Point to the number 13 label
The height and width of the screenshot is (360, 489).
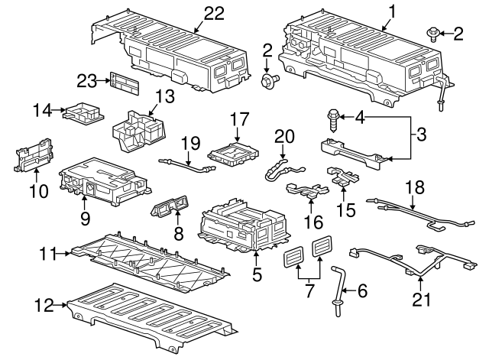[166, 96]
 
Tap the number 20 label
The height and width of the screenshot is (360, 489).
[284, 135]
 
